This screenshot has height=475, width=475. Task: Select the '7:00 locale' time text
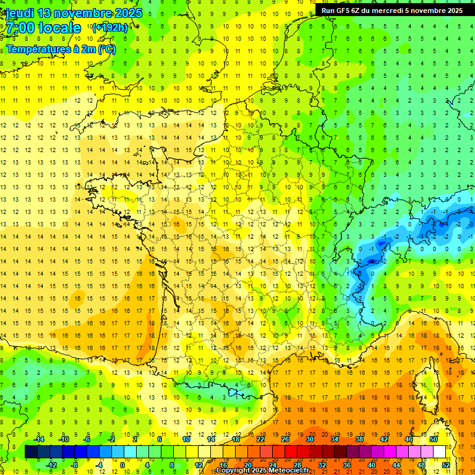click(43, 28)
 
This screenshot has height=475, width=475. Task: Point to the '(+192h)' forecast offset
click(110, 27)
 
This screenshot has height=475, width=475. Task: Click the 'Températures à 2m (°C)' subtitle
click(61, 49)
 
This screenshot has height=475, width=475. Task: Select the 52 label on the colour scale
click(446, 464)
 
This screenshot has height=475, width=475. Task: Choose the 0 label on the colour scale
click(122, 464)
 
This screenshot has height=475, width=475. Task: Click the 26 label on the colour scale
click(285, 439)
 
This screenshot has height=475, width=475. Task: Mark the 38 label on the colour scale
click(359, 439)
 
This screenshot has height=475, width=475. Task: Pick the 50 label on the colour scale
click(434, 439)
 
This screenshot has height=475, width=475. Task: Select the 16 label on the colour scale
click(223, 464)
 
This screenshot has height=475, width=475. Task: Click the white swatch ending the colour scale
click(440, 452)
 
